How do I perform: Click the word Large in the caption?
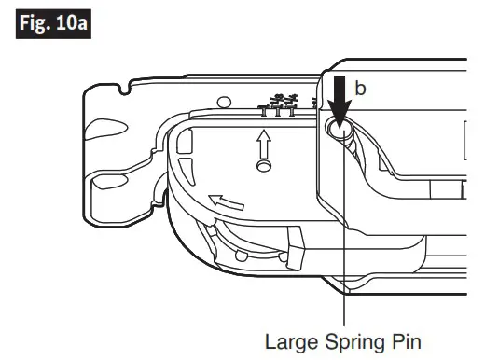tap(289, 340)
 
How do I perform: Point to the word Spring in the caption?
tap(350, 341)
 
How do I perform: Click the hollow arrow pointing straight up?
tap(265, 143)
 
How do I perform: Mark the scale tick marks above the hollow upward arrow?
tap(279, 105)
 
